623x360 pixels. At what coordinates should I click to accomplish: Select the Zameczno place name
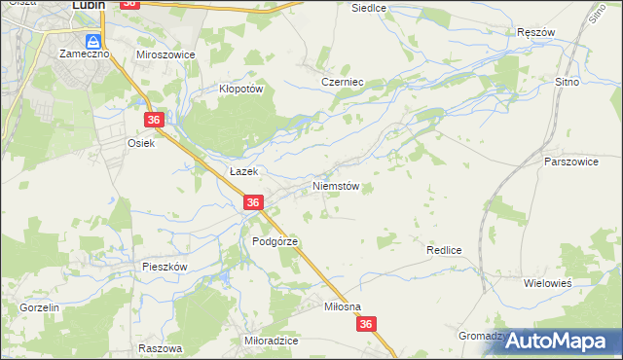pyautogui.click(x=84, y=54)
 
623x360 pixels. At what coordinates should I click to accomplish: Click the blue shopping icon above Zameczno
pyautogui.click(x=93, y=41)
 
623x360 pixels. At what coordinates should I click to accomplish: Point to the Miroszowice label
pyautogui.click(x=165, y=54)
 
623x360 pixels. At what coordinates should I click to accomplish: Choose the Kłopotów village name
pyautogui.click(x=240, y=88)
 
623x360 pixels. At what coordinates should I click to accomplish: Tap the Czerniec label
pyautogui.click(x=342, y=83)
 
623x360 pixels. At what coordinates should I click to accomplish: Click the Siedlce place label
pyautogui.click(x=369, y=7)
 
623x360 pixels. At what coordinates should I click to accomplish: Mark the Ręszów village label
pyautogui.click(x=535, y=32)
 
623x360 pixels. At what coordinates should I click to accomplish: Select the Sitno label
pyautogui.click(x=567, y=83)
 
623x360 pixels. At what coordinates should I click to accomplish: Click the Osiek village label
pyautogui.click(x=141, y=142)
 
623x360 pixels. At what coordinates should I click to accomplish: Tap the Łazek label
pyautogui.click(x=242, y=170)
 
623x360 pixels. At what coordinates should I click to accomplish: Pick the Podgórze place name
pyautogui.click(x=275, y=240)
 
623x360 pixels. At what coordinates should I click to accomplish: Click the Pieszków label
pyautogui.click(x=164, y=266)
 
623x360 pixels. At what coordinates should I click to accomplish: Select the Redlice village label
pyautogui.click(x=443, y=250)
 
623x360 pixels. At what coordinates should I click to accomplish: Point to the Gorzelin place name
pyautogui.click(x=40, y=306)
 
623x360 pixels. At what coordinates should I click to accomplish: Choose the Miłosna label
pyautogui.click(x=342, y=306)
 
